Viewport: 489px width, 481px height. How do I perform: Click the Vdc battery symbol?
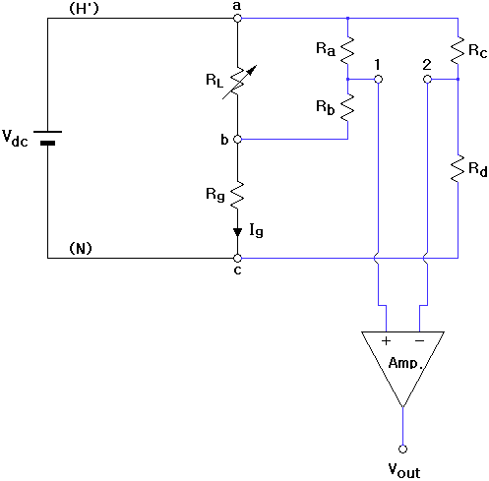point(47,138)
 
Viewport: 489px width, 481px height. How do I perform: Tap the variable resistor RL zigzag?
point(238,82)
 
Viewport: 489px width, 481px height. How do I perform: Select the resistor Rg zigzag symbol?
point(237,195)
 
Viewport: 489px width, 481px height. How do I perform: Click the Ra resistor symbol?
point(347,50)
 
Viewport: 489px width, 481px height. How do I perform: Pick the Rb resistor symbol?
point(347,107)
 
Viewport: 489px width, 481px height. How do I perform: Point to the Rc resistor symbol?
point(458,50)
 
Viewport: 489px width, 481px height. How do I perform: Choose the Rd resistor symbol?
point(458,168)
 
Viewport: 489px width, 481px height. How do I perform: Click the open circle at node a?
point(237,18)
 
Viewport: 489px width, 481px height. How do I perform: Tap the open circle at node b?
point(237,139)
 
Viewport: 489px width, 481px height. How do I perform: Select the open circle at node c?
point(237,258)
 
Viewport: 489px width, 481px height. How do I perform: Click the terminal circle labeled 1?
point(378,79)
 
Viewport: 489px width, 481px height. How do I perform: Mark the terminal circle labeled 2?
point(427,79)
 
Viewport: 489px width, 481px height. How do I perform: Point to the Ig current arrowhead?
point(237,232)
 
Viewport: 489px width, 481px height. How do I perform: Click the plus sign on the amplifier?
point(386,341)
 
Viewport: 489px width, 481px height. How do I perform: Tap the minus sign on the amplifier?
point(419,341)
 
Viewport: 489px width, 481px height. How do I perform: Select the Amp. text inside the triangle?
point(404,363)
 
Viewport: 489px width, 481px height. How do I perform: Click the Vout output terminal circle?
point(402,449)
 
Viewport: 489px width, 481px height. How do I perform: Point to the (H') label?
point(84,9)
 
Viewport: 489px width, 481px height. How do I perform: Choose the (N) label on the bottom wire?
point(81,249)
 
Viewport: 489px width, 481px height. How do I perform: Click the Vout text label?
point(404,471)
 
